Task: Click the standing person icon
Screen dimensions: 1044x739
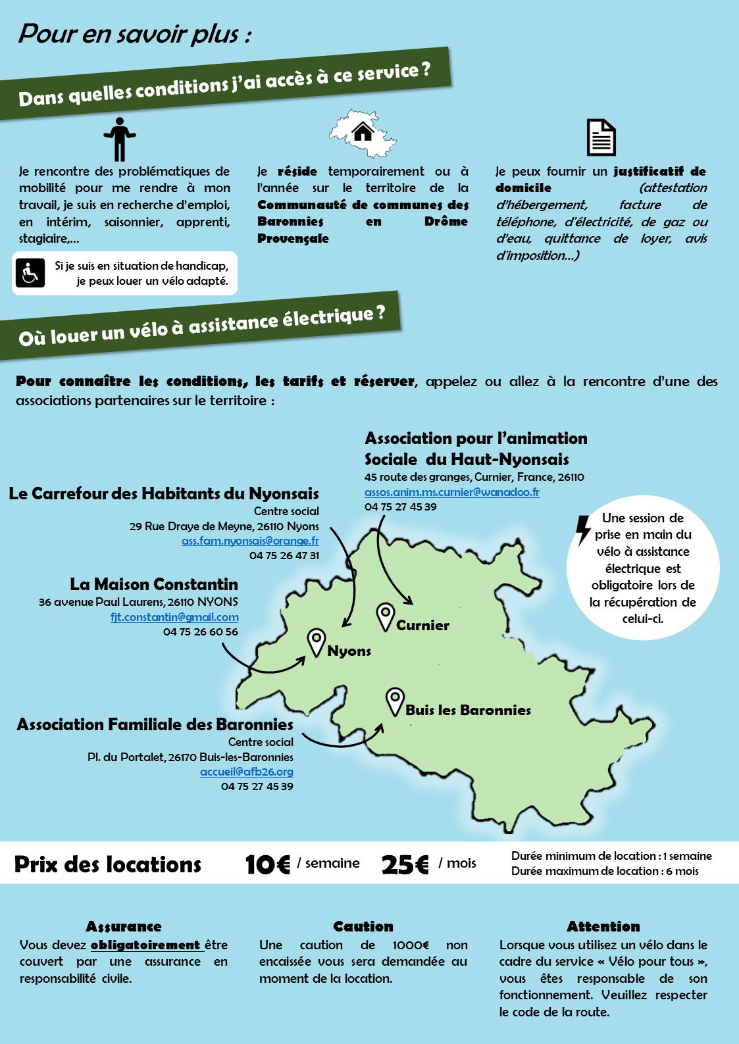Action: coord(119,139)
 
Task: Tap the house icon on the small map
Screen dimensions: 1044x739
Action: coord(363,132)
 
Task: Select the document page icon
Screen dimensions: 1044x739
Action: coord(601,137)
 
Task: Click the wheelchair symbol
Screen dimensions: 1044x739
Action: coord(30,273)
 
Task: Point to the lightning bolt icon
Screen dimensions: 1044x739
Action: coord(583,530)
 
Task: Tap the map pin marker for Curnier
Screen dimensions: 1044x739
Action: coord(385,616)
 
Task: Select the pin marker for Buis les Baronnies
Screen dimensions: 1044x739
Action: coord(395,701)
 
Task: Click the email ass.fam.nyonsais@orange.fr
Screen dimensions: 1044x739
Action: coord(250,541)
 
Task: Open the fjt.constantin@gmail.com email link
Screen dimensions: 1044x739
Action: coord(174,617)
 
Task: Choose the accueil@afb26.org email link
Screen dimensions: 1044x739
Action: coord(247,772)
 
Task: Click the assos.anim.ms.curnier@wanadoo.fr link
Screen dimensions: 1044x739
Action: coord(452,492)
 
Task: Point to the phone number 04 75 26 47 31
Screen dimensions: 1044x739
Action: coord(284,555)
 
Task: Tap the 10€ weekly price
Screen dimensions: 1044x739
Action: coord(267,864)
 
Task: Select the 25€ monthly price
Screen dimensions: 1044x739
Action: coord(405,864)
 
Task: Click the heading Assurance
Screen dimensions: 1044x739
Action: coord(124,926)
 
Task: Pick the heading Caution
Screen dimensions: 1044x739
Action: coord(363,926)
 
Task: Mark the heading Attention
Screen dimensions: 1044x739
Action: coord(603,926)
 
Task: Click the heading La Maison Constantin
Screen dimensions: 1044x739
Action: coord(154,584)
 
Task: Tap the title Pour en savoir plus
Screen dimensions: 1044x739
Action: coord(135,34)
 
